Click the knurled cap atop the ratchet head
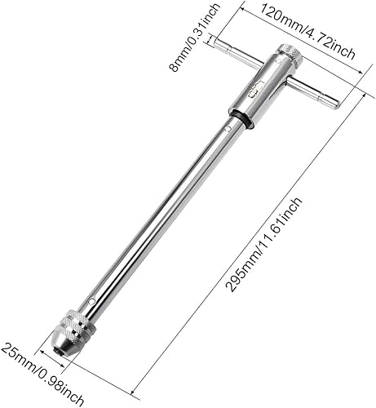click(290, 56)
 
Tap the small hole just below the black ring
click(226, 128)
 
